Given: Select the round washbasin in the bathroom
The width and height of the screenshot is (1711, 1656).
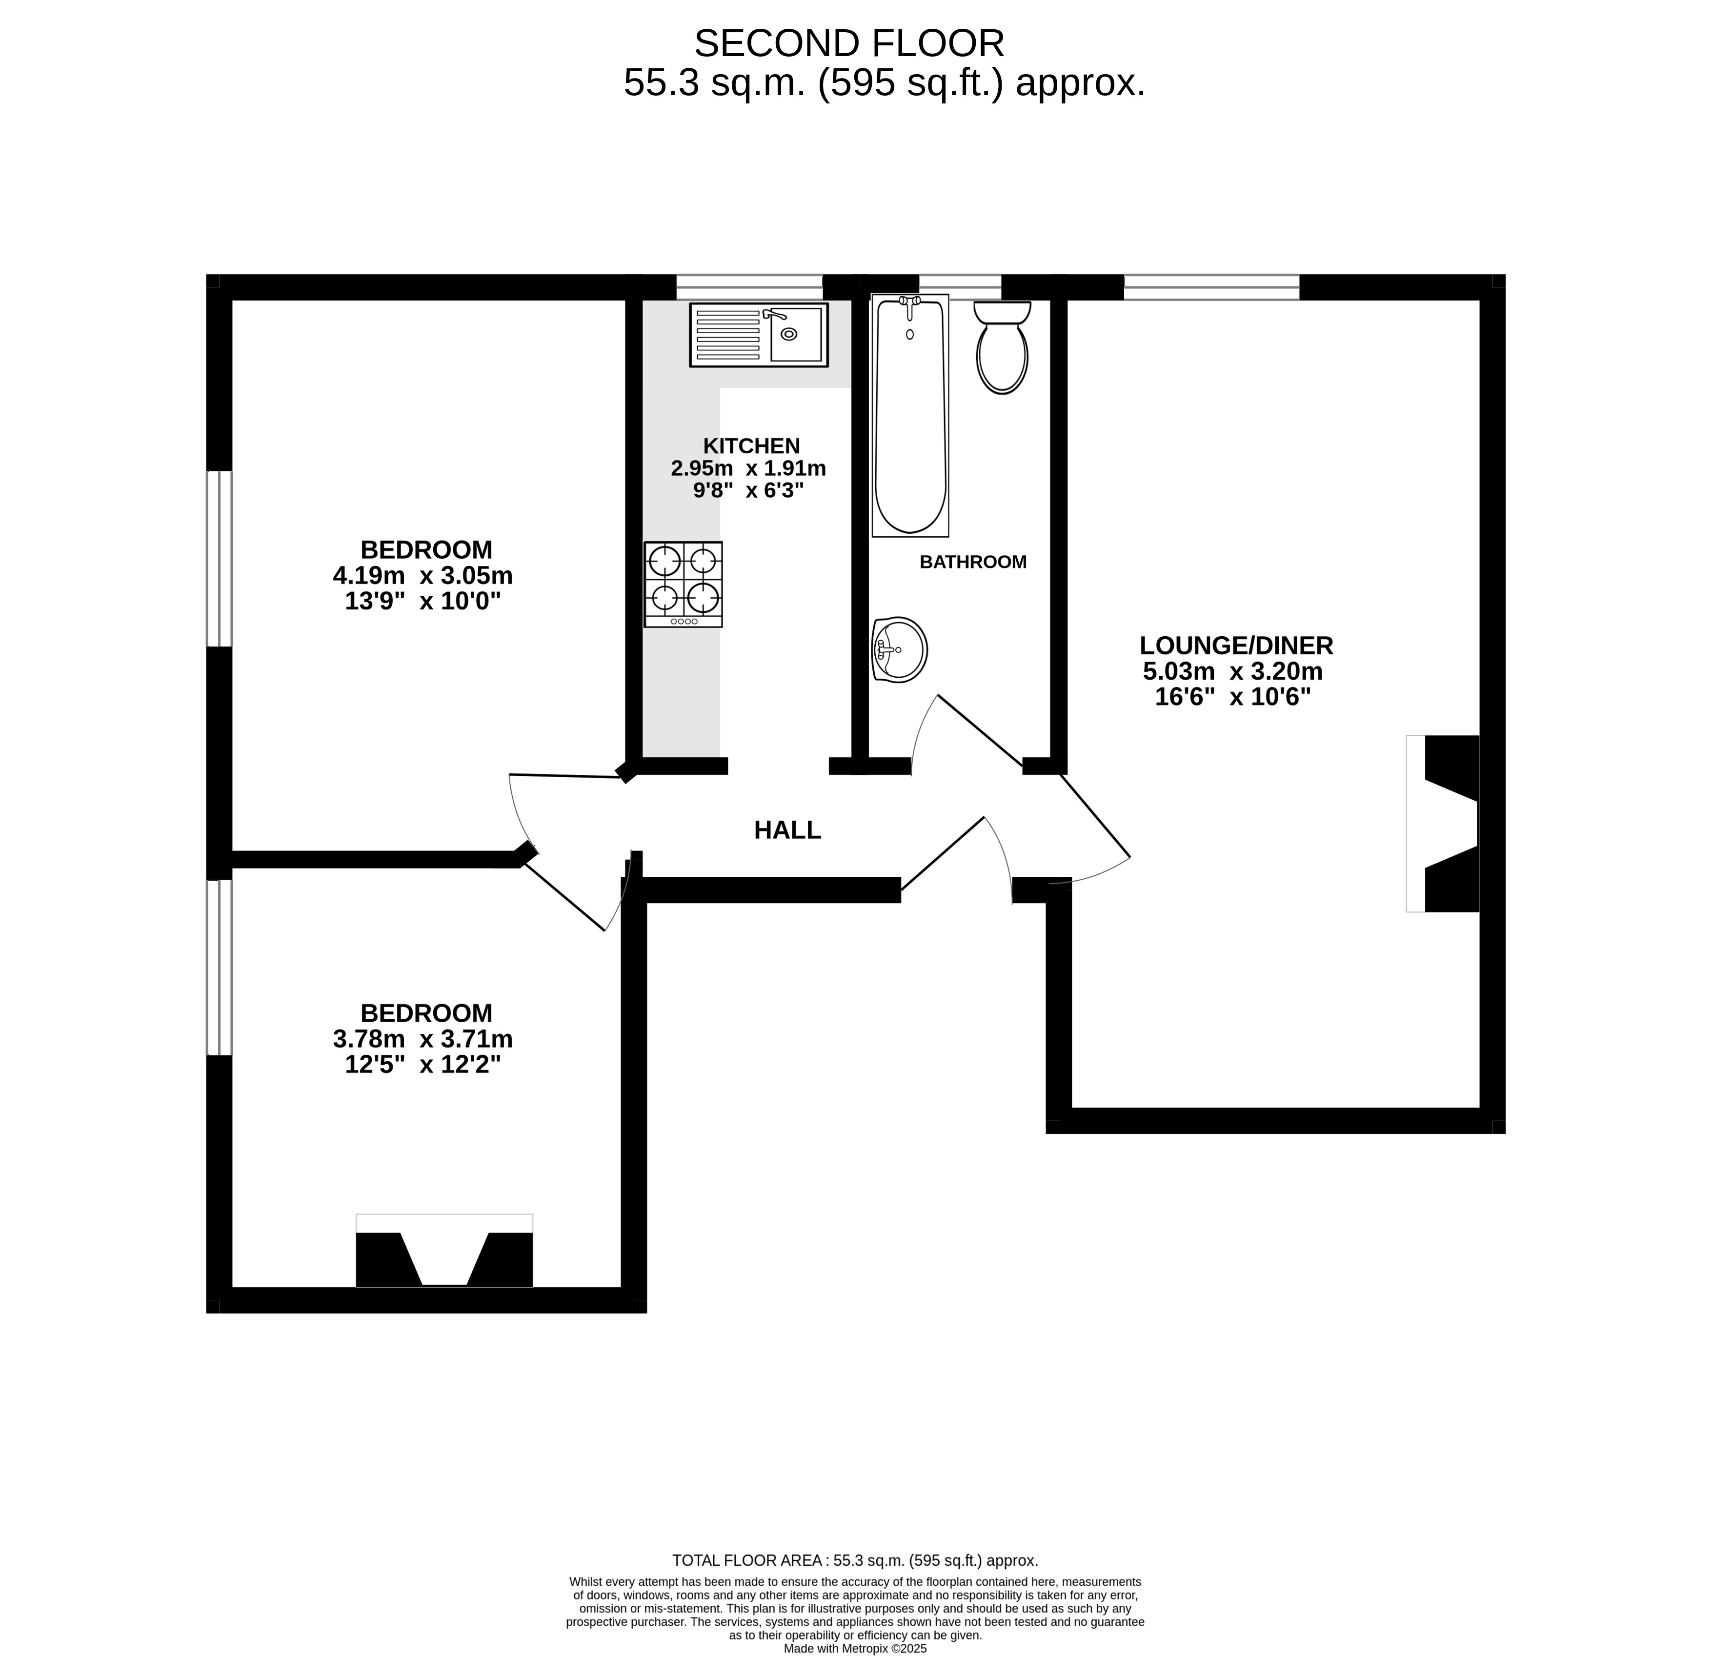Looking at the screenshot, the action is (899, 649).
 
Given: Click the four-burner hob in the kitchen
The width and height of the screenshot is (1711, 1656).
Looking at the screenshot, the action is (684, 584).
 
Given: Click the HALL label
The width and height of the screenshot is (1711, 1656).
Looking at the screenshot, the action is (787, 830).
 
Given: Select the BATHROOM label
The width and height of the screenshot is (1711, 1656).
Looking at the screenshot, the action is (973, 562).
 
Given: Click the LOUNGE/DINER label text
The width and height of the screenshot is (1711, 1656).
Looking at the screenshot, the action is (1236, 646).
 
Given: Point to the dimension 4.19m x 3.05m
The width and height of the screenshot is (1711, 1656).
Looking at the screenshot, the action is (423, 576).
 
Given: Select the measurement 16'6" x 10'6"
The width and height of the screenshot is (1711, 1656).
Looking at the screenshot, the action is (1232, 697).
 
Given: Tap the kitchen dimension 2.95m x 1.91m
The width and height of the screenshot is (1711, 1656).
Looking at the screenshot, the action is (748, 469).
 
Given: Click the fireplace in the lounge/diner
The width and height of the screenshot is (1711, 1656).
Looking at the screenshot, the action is (1443, 824).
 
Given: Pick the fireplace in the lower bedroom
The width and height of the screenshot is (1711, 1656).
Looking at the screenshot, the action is (444, 1250).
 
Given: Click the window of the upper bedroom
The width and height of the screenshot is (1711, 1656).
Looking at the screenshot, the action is (219, 559).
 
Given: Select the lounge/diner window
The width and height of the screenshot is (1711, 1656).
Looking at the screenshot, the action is (1212, 287).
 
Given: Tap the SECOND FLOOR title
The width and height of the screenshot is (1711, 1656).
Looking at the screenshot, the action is (849, 43).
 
